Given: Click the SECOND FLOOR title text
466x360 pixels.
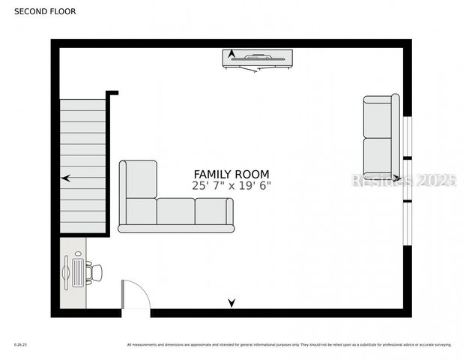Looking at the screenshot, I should tap(45, 11).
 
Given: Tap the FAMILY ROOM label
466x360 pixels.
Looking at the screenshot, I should tap(232, 174).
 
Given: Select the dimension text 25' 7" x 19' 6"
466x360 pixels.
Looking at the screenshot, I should tap(232, 185).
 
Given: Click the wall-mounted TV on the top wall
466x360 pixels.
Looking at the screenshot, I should tap(258, 58).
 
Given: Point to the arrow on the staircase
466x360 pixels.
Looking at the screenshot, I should tap(67, 178).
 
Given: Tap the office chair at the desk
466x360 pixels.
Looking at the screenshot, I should tap(94, 272).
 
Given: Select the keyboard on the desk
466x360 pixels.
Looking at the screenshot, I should tap(78, 272).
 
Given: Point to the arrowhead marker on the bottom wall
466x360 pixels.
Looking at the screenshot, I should tap(232, 303).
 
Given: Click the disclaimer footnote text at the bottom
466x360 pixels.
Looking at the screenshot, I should tap(288, 345).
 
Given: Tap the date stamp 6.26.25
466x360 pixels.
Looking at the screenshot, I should tap(20, 345).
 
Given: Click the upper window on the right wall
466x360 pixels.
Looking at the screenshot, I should tap(407, 136).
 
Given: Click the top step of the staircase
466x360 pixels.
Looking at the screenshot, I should tap(82, 105).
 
